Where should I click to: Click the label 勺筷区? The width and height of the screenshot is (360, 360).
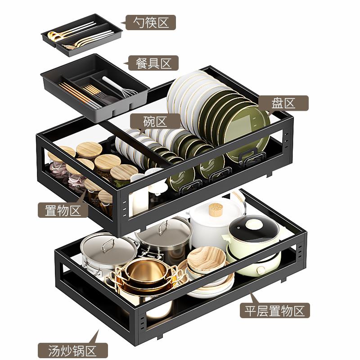coord(151,22)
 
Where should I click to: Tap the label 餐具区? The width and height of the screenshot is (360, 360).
coord(153,63)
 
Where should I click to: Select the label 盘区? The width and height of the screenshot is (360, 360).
coord(283,103)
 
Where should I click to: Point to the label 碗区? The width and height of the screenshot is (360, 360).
coord(155,121)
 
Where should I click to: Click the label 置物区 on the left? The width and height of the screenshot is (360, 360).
coord(63,210)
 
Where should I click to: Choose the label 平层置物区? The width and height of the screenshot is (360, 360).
coord(274,310)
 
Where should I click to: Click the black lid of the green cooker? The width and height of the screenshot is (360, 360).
coord(254,228)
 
